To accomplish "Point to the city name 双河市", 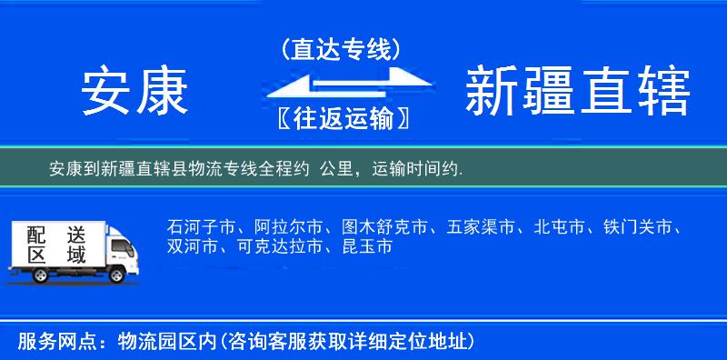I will (x=193, y=246).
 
